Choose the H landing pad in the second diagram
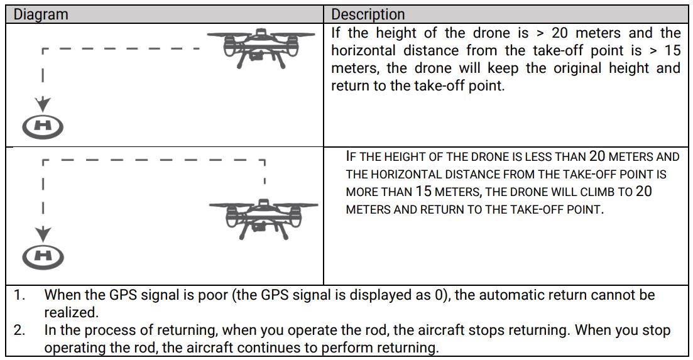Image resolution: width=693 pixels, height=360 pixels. (43, 255)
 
